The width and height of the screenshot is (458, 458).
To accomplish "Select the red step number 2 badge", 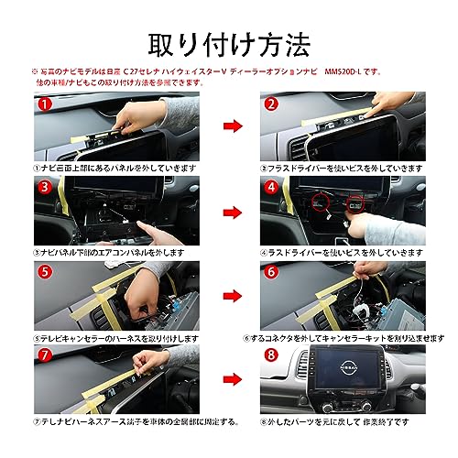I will tap(271, 105).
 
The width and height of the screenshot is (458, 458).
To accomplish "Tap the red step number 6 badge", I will tap(271, 273).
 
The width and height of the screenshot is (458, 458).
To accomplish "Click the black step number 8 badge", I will tap(271, 354).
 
